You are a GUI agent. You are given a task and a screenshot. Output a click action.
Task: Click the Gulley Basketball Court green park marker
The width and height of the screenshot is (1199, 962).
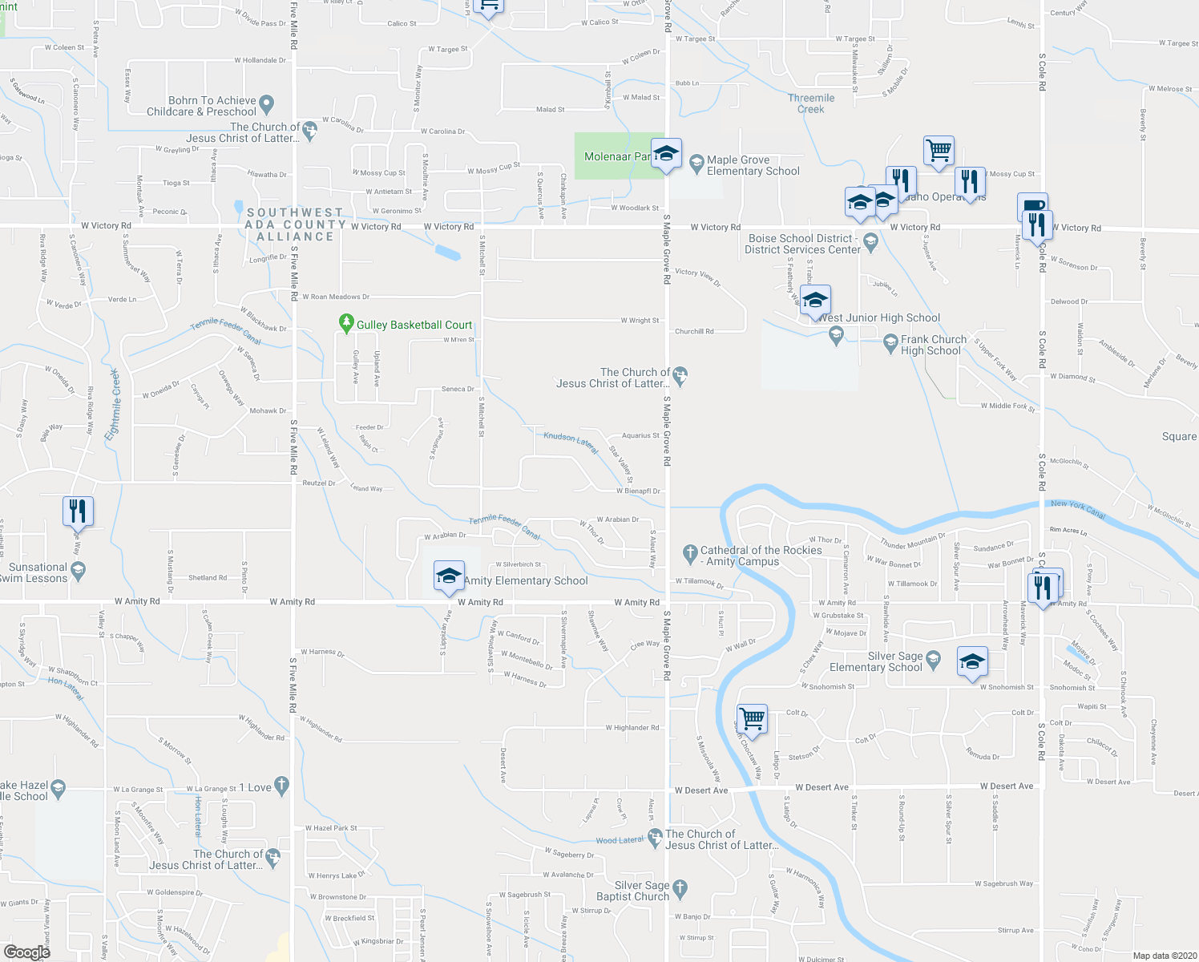point(346,324)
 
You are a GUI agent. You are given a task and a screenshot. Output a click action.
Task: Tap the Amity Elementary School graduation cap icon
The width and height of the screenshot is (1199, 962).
point(449,576)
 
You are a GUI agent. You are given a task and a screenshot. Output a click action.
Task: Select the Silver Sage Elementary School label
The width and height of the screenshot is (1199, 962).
point(876,661)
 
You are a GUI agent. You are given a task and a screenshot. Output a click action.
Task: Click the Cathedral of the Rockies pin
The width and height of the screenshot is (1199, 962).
point(689,552)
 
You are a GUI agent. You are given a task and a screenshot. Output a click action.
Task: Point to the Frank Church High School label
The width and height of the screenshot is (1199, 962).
point(933,345)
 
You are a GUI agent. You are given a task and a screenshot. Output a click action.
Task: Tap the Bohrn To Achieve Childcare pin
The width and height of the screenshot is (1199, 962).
point(267,104)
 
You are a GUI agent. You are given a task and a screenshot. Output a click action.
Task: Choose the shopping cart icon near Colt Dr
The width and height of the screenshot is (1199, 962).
point(752,718)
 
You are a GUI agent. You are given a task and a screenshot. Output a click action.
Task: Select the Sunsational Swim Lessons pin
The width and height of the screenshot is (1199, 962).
point(78,570)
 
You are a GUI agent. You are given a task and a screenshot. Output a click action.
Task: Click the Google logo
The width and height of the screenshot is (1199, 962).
point(26,952)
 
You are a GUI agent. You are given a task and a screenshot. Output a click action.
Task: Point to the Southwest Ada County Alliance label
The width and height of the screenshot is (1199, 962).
point(295,224)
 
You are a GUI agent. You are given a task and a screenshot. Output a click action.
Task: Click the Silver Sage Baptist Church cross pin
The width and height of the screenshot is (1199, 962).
point(680,888)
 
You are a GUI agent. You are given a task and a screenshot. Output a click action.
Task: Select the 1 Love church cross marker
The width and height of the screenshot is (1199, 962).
point(281,786)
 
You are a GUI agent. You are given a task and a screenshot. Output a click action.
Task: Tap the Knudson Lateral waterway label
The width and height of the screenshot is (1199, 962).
point(571,443)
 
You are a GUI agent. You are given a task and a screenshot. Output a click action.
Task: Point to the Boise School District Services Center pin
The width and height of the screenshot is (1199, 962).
point(870,243)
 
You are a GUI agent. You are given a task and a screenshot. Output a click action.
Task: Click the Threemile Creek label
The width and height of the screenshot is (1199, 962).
point(811,103)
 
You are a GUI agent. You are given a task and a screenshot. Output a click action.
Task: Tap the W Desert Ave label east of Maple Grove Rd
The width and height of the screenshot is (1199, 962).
point(822,787)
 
